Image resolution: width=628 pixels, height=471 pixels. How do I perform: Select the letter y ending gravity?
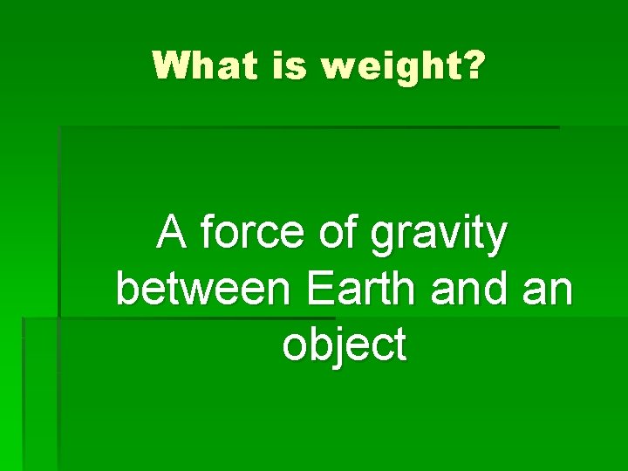[x=496, y=240]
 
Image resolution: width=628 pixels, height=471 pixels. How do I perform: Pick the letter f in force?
[x=206, y=233]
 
